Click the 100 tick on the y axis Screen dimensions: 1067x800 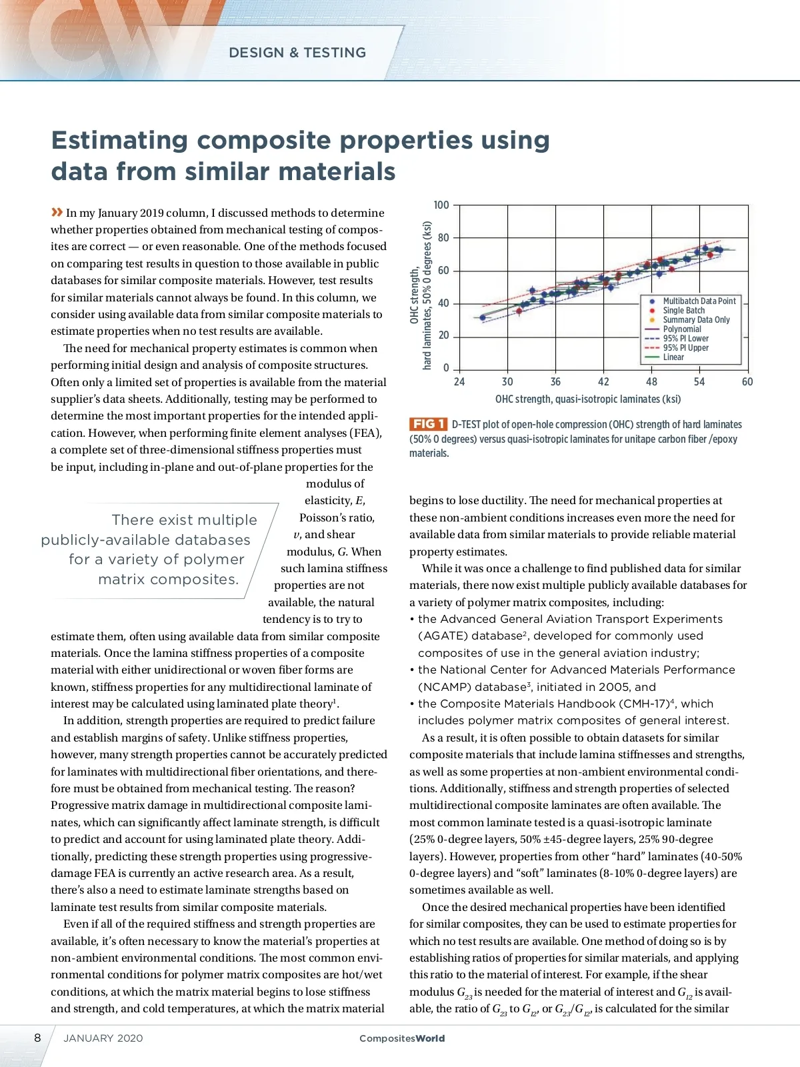point(441,205)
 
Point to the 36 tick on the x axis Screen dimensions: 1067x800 point(555,382)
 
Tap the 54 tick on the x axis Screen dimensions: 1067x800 point(699,382)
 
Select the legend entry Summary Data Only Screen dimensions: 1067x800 point(696,320)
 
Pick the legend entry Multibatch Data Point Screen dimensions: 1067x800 point(699,301)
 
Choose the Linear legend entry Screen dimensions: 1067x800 point(673,357)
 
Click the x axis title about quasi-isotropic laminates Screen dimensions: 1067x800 point(587,399)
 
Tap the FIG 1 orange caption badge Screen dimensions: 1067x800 point(428,424)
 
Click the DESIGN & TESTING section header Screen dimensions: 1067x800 point(297,53)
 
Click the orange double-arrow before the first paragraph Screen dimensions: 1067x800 point(57,212)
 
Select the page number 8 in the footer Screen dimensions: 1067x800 point(37,1038)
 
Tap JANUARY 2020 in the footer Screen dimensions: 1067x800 point(103,1038)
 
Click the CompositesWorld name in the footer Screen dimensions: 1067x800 point(401,1038)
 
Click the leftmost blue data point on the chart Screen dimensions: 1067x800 point(483,317)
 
